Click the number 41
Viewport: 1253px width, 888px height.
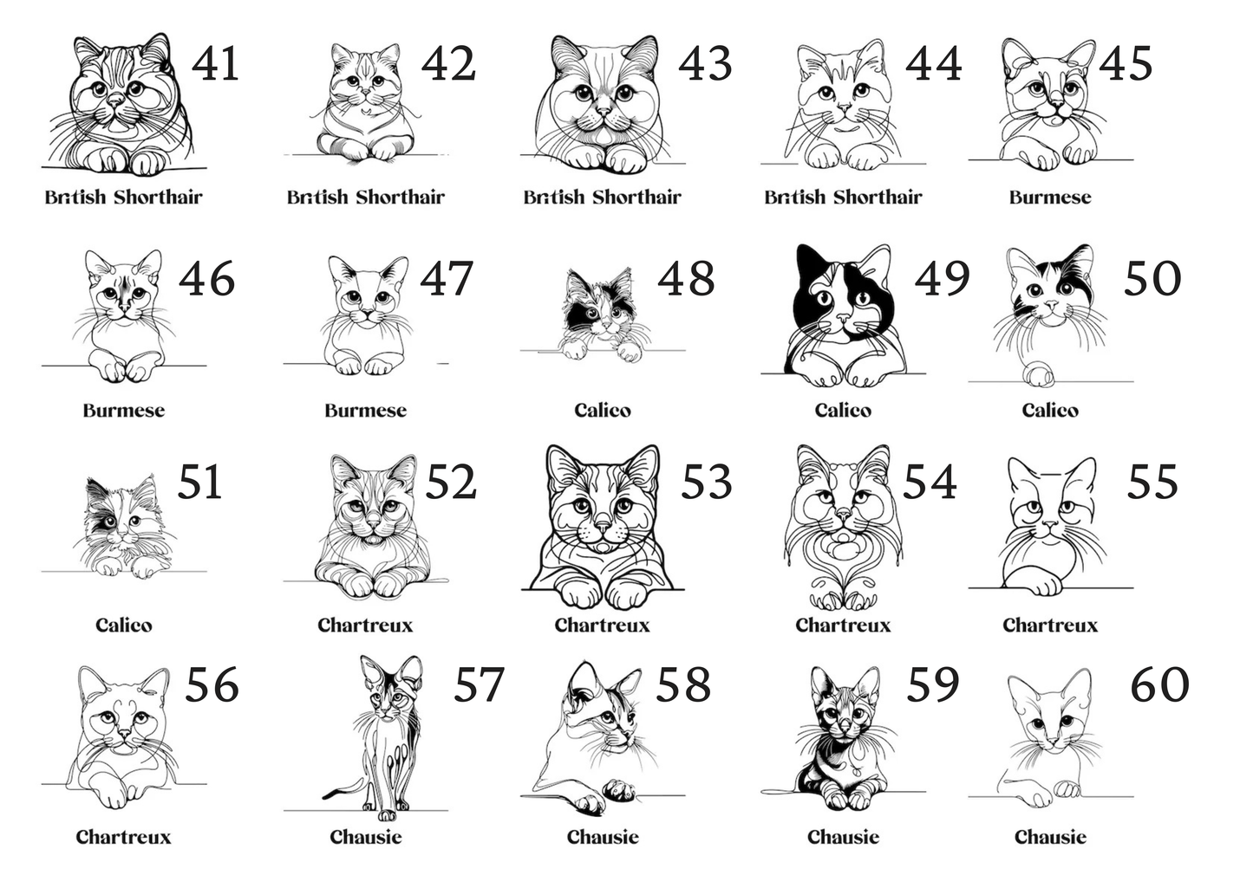[216, 64]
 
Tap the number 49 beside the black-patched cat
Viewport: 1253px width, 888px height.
[942, 278]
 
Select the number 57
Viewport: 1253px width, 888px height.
[479, 684]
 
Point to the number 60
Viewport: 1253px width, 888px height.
[1159, 684]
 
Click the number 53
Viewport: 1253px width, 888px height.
[707, 482]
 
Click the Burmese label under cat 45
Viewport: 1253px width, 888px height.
[1050, 198]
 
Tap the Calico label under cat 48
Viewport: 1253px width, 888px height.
[603, 411]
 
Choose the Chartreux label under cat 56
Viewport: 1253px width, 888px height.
[124, 837]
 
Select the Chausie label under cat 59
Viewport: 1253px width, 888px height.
[843, 837]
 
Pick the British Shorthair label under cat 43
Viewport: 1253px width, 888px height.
[603, 198]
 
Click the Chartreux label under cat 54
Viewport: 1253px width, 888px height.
[843, 625]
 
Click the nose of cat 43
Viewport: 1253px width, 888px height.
[604, 111]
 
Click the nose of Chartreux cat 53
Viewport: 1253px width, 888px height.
[603, 527]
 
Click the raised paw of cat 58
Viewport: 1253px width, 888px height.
[618, 789]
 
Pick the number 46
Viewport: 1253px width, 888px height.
[207, 278]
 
